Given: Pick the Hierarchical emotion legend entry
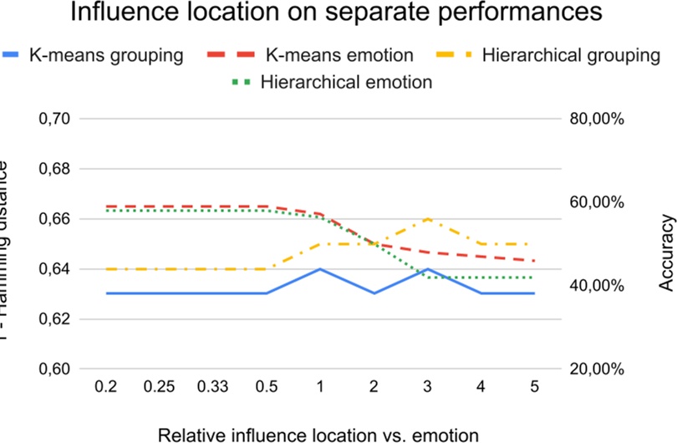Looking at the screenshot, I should click(346, 82).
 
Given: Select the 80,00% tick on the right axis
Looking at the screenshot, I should click(596, 119).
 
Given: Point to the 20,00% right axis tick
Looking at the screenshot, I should click(596, 369).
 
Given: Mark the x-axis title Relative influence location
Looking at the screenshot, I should click(318, 433).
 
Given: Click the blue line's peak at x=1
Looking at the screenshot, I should click(320, 269).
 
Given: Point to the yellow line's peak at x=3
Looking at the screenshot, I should click(428, 219).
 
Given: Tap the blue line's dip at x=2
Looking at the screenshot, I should click(374, 293).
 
